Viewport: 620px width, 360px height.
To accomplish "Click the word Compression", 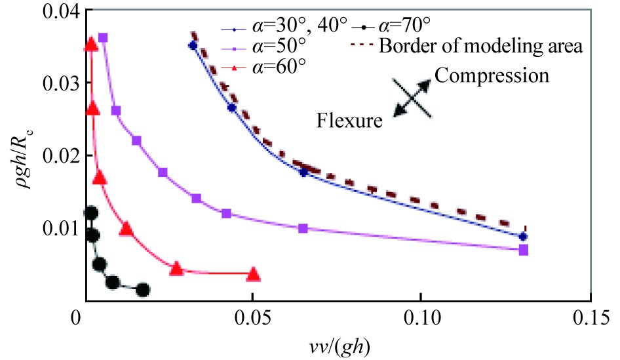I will [491, 75].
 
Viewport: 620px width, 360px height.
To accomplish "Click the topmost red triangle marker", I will [91, 45].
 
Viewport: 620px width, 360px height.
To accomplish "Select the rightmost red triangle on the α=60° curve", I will [254, 274].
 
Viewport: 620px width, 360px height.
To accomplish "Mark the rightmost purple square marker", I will [523, 249].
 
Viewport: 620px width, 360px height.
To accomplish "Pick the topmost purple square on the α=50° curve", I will [103, 37].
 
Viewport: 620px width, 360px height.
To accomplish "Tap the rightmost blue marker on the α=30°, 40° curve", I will [522, 236].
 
